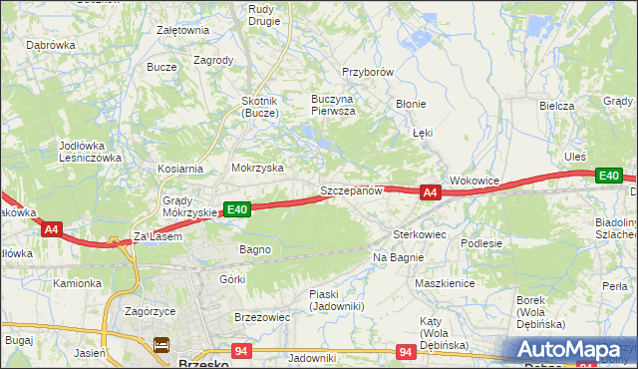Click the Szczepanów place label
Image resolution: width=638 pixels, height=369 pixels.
pyautogui.click(x=351, y=190)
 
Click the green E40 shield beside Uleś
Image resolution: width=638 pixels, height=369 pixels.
pyautogui.click(x=609, y=176)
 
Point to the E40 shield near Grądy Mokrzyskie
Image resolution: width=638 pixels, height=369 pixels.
pyautogui.click(x=236, y=209)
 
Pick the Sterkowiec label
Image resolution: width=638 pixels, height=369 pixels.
pyautogui.click(x=419, y=234)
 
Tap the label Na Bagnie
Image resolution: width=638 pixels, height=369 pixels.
pyautogui.click(x=398, y=257)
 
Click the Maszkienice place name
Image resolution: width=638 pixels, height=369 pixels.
pyautogui.click(x=445, y=282)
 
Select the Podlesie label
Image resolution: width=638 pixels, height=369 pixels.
pyautogui.click(x=480, y=242)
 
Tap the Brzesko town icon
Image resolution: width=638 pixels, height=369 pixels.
pyautogui.click(x=161, y=345)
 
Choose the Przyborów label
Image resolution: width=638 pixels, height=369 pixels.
pyautogui.click(x=369, y=73)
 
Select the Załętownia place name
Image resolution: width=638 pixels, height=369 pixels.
pyautogui.click(x=182, y=30)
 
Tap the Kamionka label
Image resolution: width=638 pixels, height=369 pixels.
pyautogui.click(x=78, y=283)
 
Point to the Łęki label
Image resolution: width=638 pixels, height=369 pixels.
pyautogui.click(x=423, y=133)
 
